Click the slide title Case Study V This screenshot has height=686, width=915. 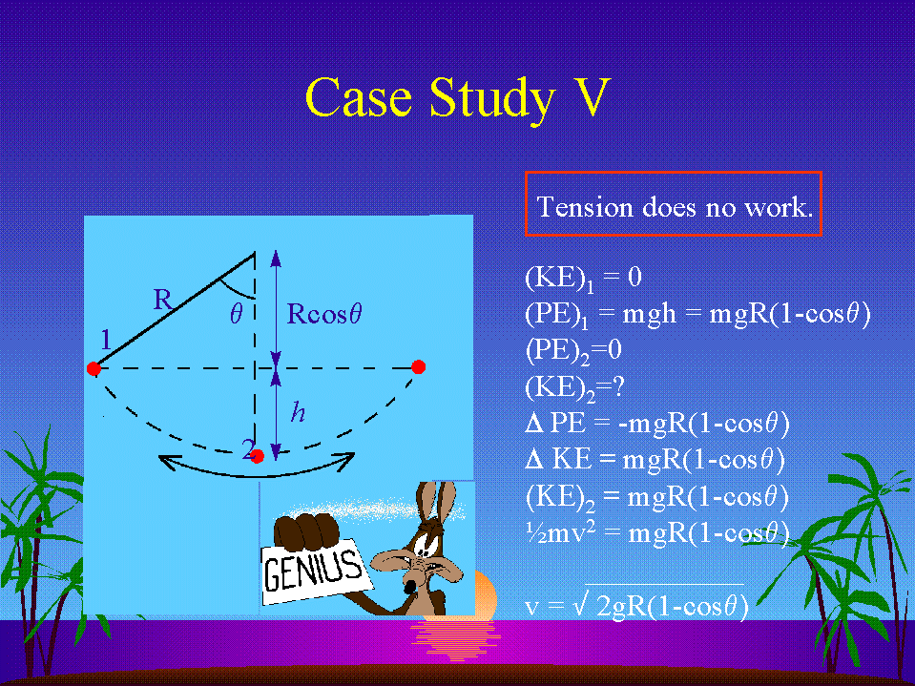pyautogui.click(x=458, y=98)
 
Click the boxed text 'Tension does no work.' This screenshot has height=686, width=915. pyautogui.click(x=674, y=207)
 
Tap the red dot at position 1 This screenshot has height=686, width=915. pyautogui.click(x=94, y=368)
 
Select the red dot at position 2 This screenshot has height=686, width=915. pyautogui.click(x=257, y=455)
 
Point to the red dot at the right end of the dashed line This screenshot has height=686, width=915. pyautogui.click(x=418, y=367)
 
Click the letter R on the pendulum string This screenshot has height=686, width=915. pyautogui.click(x=163, y=300)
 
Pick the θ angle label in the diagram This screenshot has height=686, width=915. pyautogui.click(x=236, y=315)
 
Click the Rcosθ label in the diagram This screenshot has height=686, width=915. pyautogui.click(x=323, y=314)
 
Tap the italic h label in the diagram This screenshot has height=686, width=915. pyautogui.click(x=299, y=412)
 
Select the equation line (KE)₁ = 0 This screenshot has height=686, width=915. pyautogui.click(x=583, y=278)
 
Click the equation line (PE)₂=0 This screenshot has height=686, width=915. pyautogui.click(x=573, y=350)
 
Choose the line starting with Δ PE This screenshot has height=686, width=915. pyautogui.click(x=657, y=424)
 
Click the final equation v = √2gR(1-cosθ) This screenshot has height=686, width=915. pyautogui.click(x=636, y=604)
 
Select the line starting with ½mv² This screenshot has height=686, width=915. pyautogui.click(x=657, y=532)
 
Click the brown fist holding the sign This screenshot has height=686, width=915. pyautogui.click(x=306, y=531)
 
